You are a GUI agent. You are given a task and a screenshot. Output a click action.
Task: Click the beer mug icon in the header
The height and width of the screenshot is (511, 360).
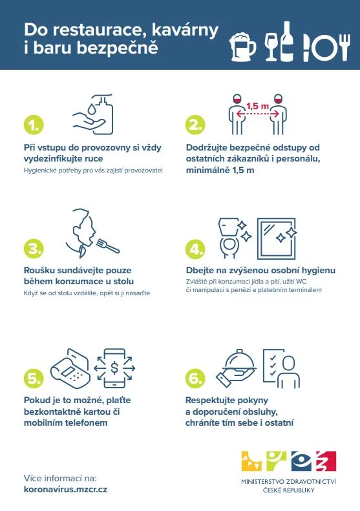pyautogui.click(x=242, y=47)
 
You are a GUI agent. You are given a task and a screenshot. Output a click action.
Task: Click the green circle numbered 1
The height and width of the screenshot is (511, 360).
pyautogui.click(x=34, y=125)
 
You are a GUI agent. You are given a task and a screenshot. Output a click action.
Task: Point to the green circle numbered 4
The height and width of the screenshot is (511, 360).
pyautogui.click(x=195, y=249)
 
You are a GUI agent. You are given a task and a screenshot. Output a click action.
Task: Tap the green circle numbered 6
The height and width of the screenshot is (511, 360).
pyautogui.click(x=195, y=378)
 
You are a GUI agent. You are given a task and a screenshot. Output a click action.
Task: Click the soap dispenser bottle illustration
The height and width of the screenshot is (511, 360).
pyautogui.click(x=103, y=115)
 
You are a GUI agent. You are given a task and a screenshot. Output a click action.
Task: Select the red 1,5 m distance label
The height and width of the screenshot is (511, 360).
pyautogui.click(x=258, y=106)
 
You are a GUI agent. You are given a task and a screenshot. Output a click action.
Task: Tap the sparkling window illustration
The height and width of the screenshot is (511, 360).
pyautogui.click(x=277, y=238)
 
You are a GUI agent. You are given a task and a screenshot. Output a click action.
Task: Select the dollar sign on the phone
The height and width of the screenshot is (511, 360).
pyautogui.click(x=114, y=368)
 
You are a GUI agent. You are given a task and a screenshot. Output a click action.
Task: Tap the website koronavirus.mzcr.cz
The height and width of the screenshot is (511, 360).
pyautogui.click(x=65, y=489)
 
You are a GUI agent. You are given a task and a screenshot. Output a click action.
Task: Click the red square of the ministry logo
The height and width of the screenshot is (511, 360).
pyautogui.click(x=326, y=461)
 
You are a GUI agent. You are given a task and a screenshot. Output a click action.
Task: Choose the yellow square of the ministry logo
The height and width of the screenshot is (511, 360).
pyautogui.click(x=251, y=461)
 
